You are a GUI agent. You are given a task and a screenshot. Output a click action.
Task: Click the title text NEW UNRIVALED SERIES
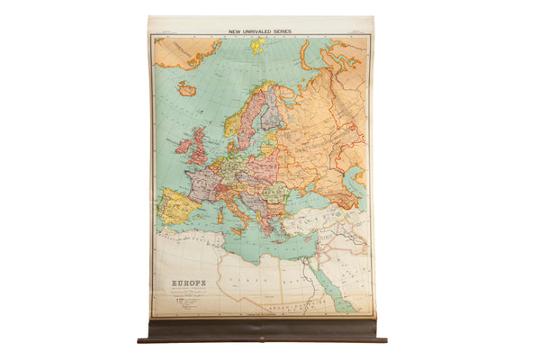(261, 31)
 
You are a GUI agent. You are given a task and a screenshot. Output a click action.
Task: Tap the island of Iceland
(187, 89)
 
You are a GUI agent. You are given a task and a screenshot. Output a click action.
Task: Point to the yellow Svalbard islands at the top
(258, 45)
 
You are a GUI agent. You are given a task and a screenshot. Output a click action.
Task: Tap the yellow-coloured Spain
(176, 207)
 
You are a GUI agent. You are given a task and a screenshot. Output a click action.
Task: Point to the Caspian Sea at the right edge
(358, 184)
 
